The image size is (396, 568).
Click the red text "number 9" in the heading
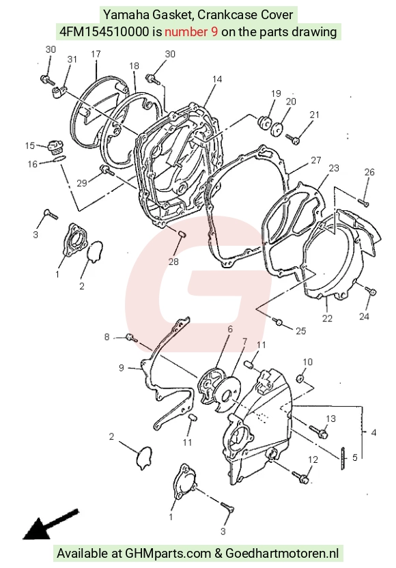191,32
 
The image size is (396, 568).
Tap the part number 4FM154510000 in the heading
104,32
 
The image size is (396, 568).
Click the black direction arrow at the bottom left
51,524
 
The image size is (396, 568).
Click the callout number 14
217,79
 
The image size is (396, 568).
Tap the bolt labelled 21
293,139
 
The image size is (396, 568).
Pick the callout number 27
316,160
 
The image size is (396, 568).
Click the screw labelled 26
363,202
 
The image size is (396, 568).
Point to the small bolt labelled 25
279,321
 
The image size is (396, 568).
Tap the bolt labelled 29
107,169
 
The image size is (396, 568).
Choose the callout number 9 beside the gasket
122,368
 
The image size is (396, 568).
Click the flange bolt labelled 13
319,431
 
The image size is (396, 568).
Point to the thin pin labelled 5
342,459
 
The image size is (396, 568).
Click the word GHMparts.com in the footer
168,554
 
